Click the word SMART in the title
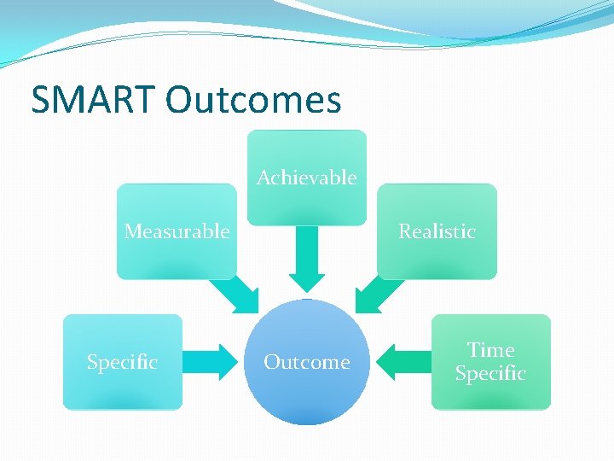[94, 100]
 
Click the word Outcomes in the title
[253, 100]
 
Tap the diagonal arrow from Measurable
[235, 295]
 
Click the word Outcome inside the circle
[306, 362]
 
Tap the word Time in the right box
[490, 350]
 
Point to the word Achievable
[306, 178]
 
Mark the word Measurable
[177, 231]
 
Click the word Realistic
[437, 231]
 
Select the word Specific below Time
[490, 374]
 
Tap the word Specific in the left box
[123, 362]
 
